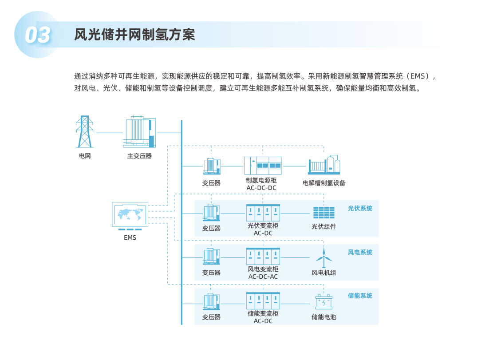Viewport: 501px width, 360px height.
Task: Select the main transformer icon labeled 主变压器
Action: click(139, 132)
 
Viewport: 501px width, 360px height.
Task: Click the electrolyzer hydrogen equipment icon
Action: click(324, 166)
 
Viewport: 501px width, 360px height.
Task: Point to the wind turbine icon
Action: click(324, 257)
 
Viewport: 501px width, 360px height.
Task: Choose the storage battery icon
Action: click(323, 302)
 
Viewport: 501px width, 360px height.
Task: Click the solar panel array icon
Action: click(323, 212)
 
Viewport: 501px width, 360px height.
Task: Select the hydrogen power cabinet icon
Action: click(263, 166)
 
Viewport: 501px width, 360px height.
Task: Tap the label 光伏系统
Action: click(360, 208)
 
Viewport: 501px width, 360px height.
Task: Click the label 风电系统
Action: click(360, 252)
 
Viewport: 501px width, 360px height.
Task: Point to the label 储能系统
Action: click(360, 296)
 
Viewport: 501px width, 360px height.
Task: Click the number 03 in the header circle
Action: click(37, 36)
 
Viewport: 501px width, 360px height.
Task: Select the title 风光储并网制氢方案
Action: click(135, 35)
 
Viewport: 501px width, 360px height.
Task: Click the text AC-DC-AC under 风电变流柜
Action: click(263, 277)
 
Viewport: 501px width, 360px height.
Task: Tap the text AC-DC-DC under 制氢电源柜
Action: click(261, 188)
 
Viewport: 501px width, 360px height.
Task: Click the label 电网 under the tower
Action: click(84, 156)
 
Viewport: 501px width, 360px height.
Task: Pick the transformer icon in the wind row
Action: click(212, 257)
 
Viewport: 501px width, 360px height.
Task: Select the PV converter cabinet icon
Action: click(263, 212)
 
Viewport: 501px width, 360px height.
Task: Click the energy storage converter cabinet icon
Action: click(263, 301)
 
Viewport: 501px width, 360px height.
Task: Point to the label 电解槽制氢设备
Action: click(324, 182)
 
